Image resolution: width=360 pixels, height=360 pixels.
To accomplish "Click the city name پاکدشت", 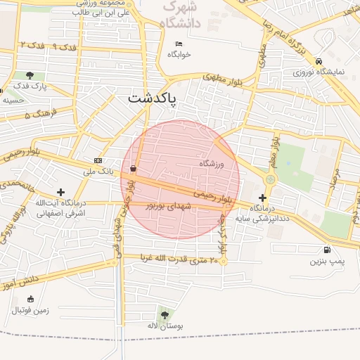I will point(153,99).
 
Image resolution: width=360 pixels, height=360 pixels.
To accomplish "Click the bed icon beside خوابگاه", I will point(179,44).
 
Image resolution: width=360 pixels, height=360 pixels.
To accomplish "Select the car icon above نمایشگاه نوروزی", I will point(319,60).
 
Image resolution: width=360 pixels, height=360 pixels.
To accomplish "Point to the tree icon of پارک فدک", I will point(30,75).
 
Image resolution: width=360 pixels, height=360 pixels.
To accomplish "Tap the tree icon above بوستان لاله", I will point(165,314).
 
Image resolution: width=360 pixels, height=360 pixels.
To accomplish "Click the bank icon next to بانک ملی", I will point(97,160).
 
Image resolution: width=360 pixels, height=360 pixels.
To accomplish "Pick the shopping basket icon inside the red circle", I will point(134,168).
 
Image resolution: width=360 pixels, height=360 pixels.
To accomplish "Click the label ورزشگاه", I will point(212,164).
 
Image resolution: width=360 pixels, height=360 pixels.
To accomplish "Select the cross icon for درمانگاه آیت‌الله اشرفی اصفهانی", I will point(60,191).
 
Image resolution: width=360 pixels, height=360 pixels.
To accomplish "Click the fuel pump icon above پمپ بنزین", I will point(327,250).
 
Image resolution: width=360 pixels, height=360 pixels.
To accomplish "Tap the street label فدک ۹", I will point(64,46).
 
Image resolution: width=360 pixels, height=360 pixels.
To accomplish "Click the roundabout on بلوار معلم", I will point(270,179).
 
